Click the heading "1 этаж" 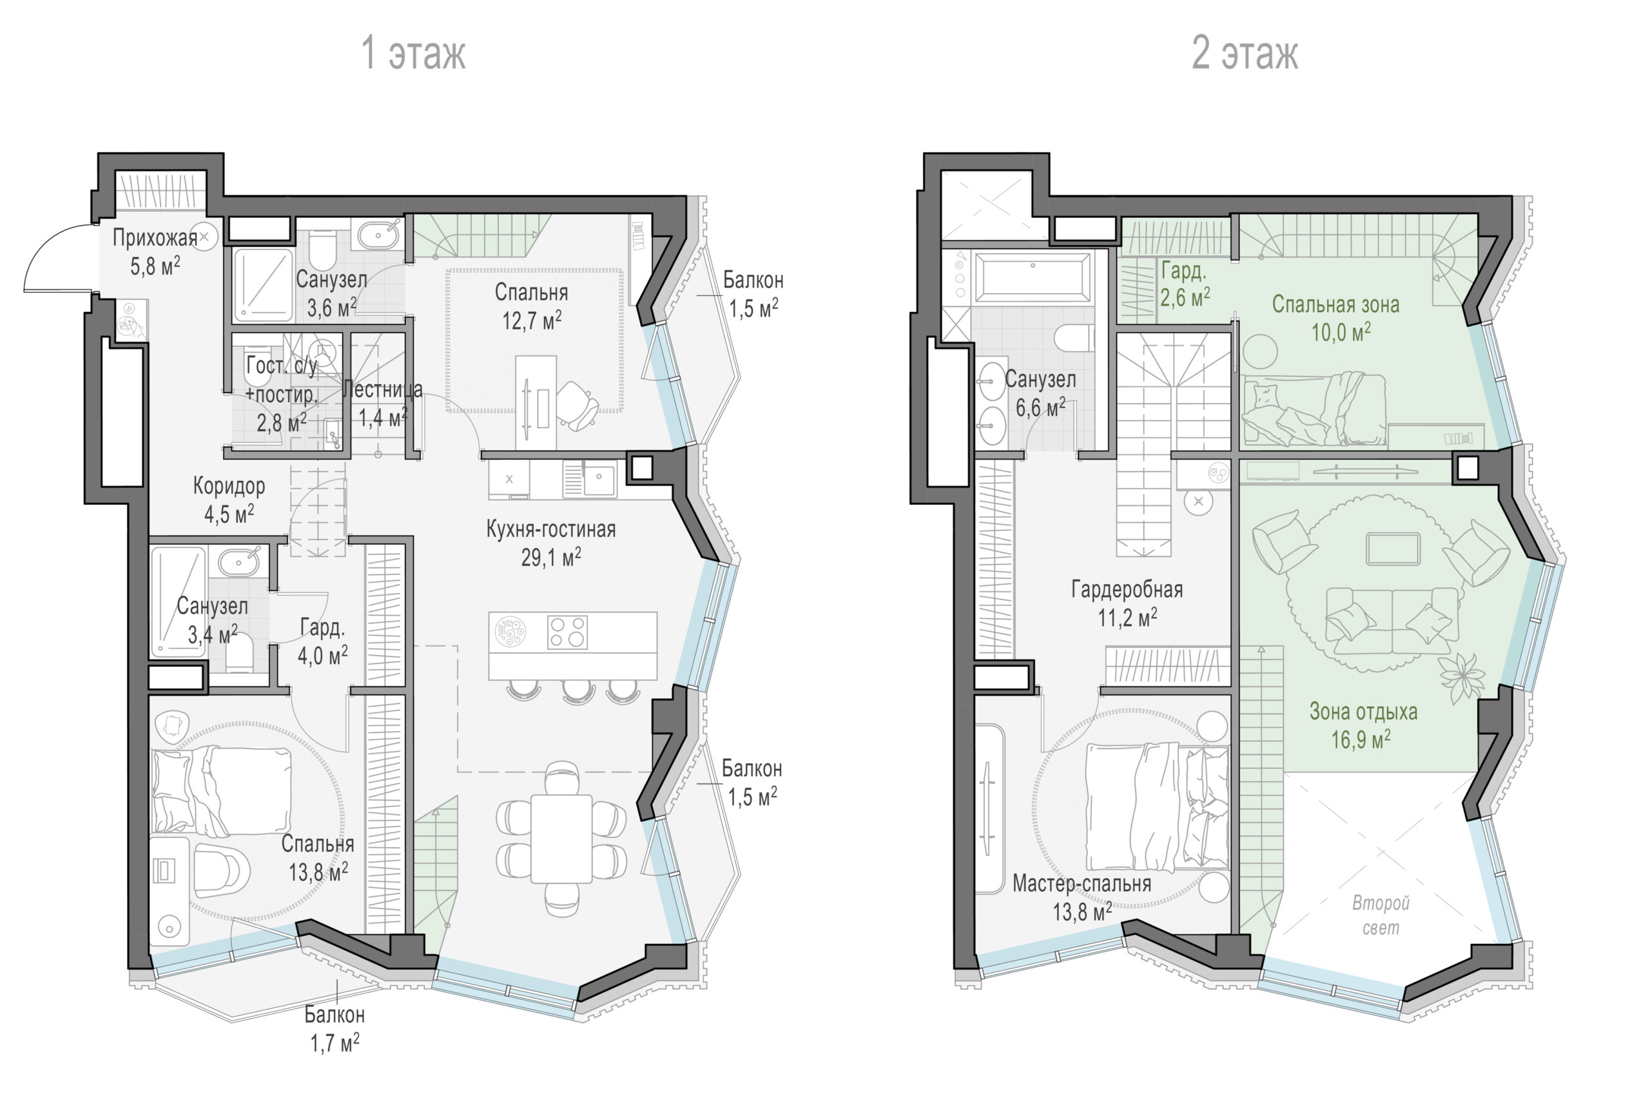413,53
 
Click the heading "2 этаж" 1244,53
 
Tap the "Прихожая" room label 155,238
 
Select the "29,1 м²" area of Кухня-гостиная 551,557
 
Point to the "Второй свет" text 1380,915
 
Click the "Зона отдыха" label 1363,711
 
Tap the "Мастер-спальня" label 1081,883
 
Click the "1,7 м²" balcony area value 335,1043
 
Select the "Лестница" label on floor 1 382,389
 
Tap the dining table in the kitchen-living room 562,839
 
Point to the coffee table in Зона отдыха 1393,549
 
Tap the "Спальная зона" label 1335,304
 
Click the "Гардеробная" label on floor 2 1127,589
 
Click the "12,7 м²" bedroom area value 532,320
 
